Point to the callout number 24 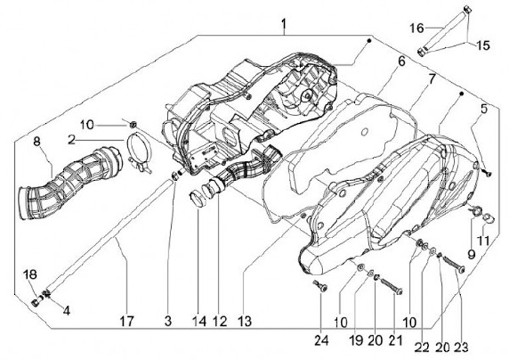(x=322, y=340)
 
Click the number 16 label (x=417, y=28)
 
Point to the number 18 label (x=30, y=274)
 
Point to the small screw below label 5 (x=486, y=170)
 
